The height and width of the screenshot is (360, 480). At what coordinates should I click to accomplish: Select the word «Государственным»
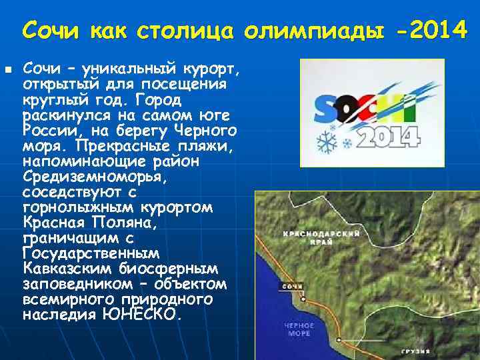pos(91,253)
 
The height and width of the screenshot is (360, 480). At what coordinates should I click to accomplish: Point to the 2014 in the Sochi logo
pos(390,136)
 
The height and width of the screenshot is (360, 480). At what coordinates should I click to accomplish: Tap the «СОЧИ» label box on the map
pos(293,287)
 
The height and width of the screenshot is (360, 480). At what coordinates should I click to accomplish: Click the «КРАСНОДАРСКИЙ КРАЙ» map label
pos(322,239)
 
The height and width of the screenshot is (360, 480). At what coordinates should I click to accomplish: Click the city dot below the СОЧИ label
pos(301,297)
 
